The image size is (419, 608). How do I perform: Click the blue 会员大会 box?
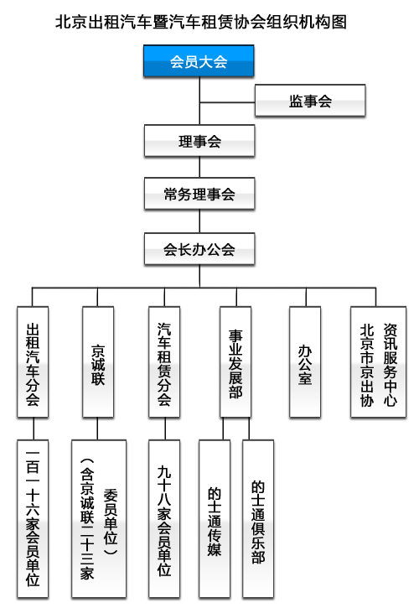199,61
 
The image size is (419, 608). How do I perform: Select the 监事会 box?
310,101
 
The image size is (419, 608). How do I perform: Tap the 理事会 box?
199,141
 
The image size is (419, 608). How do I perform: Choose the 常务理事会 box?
199,194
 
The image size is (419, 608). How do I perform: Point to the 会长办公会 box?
199,249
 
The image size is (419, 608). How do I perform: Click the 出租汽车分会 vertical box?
33,362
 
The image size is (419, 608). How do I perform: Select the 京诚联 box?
98,362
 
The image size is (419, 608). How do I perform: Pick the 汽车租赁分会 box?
164,362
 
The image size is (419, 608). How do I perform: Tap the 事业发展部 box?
235,362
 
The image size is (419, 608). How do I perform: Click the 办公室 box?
305,362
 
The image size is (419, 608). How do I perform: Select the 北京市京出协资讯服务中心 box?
378,362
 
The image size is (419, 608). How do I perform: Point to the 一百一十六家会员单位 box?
33,519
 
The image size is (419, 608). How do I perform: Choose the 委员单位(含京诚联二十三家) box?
99,519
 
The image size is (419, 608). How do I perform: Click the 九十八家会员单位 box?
164,519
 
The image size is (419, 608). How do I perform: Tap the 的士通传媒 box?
215,519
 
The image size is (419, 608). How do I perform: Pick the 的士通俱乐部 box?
258,519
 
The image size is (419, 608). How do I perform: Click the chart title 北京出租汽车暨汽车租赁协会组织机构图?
201,22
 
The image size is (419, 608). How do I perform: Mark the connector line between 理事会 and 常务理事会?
199,167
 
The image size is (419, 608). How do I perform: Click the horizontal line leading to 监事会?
227,103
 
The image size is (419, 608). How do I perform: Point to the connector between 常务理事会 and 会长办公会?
199,221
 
